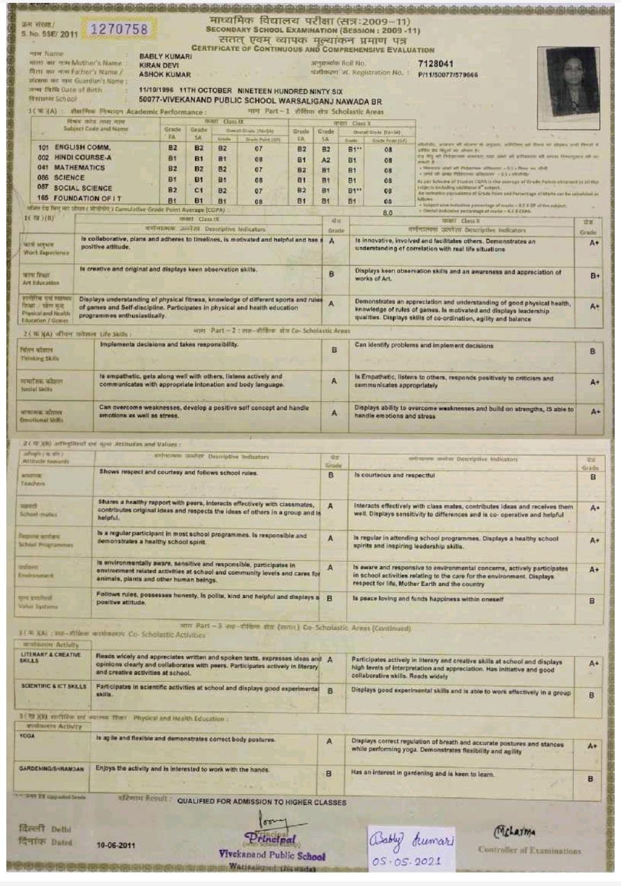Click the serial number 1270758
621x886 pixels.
tap(119, 29)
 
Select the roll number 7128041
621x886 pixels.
tap(435, 63)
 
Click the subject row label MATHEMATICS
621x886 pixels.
tap(79, 168)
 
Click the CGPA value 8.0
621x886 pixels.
tap(388, 213)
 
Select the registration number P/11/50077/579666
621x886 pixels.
tap(448, 75)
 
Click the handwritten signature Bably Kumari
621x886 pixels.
tap(411, 841)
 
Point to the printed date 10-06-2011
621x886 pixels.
tap(116, 845)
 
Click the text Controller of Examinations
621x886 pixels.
tap(529, 850)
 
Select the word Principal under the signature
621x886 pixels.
tap(271, 839)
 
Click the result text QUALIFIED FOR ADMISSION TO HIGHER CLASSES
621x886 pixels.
tap(262, 802)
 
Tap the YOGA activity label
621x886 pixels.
tap(28, 736)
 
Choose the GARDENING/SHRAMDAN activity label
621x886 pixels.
tap(52, 769)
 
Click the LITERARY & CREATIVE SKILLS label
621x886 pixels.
tap(51, 657)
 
